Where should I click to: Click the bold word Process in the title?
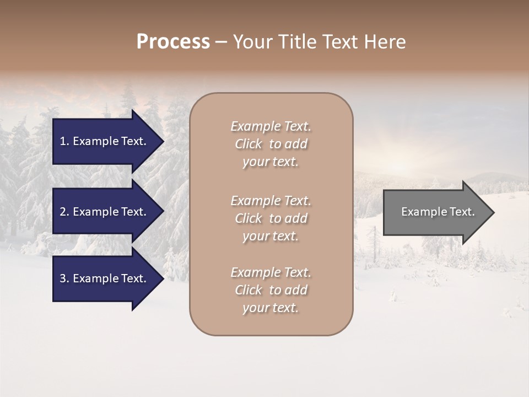coord(173,42)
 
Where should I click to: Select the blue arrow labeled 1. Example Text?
coord(105,141)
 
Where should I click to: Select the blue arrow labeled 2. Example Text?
coord(105,212)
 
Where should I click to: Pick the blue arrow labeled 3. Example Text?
coord(105,278)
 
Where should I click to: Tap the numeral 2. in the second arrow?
coord(64,212)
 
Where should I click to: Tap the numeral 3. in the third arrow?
coord(64,278)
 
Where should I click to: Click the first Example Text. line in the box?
coord(271,126)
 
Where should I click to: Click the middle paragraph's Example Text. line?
coord(271,200)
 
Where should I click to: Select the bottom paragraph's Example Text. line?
coord(271,272)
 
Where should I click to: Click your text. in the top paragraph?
coord(271,162)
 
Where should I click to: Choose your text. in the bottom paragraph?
coord(271,308)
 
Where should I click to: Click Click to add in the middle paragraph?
coord(271,218)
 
